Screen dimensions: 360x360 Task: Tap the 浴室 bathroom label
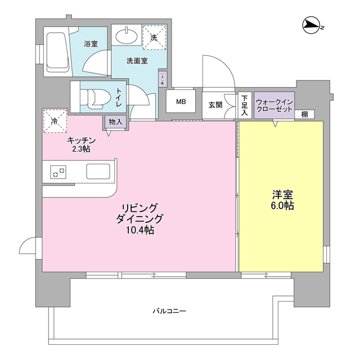(91, 43)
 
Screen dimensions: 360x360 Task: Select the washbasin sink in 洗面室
(127, 37)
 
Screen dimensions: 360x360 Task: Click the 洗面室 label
(137, 60)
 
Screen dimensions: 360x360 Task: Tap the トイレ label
(119, 98)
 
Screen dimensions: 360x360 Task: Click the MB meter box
(181, 102)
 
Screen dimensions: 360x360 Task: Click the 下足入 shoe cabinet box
(245, 105)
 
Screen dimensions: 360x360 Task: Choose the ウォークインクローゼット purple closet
(274, 105)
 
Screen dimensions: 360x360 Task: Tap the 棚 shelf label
(304, 114)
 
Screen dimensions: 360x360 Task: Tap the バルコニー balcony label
(169, 310)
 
